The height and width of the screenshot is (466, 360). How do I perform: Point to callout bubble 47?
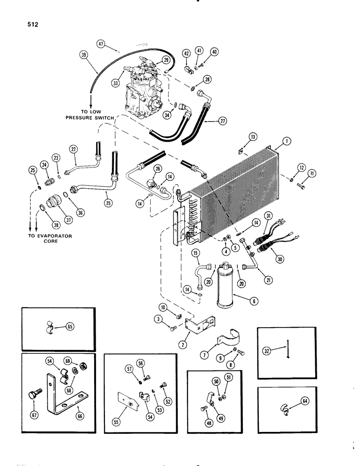tap(101, 44)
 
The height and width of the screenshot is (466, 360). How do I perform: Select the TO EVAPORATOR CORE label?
tap(52, 239)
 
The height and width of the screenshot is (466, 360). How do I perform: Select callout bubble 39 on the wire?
tap(84, 55)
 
